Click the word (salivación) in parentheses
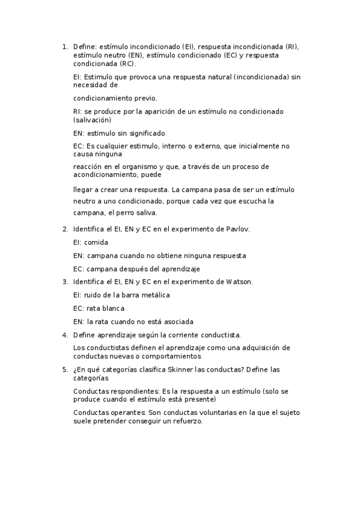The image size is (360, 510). (x=93, y=120)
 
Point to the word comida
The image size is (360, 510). (x=97, y=242)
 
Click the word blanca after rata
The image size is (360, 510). (x=112, y=308)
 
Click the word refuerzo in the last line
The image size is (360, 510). (x=188, y=422)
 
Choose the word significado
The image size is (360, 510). (x=142, y=133)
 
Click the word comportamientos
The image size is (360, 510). (x=171, y=356)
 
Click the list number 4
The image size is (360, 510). (x=65, y=334)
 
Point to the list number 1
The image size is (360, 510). (x=65, y=46)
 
